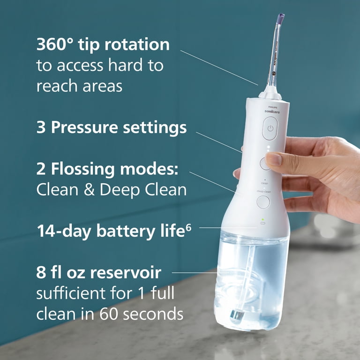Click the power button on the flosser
click(270, 128)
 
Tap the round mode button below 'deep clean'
click(263, 202)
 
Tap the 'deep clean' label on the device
click(263, 191)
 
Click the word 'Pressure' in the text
click(88, 127)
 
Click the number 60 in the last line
click(109, 315)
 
